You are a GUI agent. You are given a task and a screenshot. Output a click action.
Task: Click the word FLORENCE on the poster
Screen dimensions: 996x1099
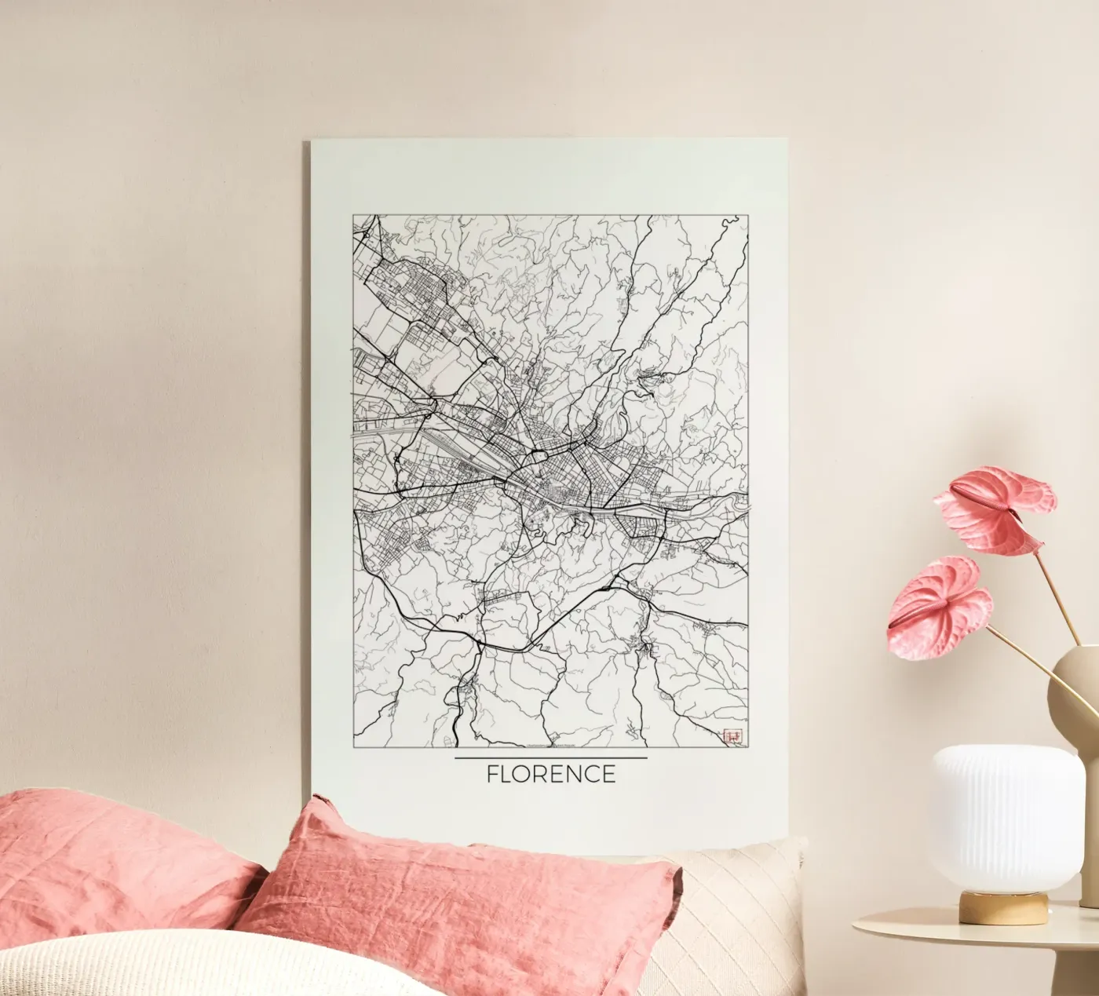[x=551, y=774]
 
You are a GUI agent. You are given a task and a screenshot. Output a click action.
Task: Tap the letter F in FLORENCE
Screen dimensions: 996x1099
[x=492, y=774]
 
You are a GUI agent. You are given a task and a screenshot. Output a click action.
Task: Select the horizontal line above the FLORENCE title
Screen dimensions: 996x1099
[x=551, y=758]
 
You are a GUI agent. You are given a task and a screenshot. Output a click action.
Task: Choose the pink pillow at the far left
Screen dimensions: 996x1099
[x=118, y=863]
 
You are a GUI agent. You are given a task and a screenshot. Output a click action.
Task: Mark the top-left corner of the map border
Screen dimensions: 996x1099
[x=353, y=214]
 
